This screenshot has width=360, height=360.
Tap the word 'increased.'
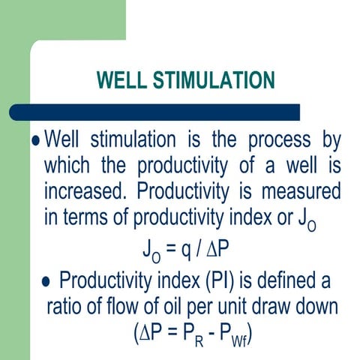coord(84,188)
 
